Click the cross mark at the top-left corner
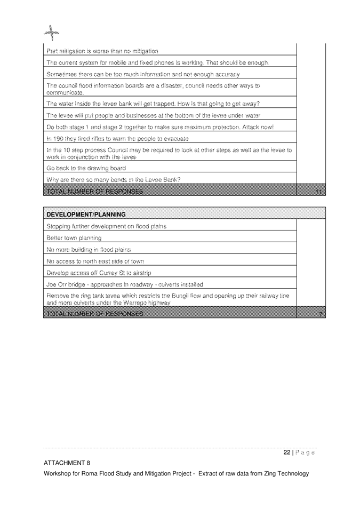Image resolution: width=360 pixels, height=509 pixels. pyautogui.click(x=51, y=34)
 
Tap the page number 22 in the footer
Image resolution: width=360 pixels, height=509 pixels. pyautogui.click(x=286, y=452)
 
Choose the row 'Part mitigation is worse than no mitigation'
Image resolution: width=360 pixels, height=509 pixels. pyautogui.click(x=102, y=51)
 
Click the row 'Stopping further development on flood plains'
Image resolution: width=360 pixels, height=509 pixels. pyautogui.click(x=107, y=226)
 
